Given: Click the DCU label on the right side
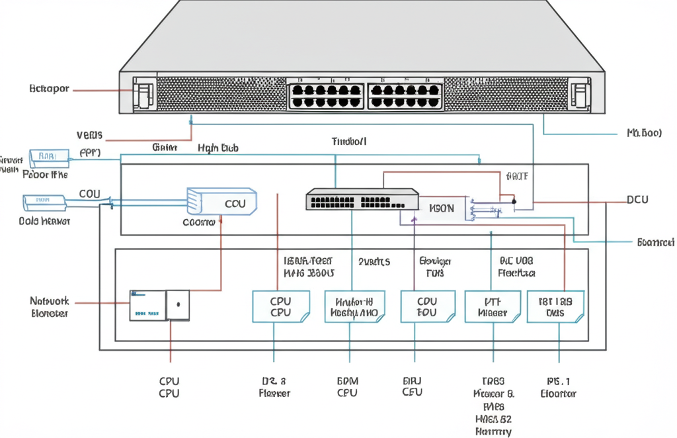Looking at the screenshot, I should pyautogui.click(x=637, y=199).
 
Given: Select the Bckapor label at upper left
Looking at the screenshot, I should pyautogui.click(x=50, y=89).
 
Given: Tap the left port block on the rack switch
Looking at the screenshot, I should pyautogui.click(x=325, y=95).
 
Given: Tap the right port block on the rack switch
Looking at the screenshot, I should pyautogui.click(x=405, y=95).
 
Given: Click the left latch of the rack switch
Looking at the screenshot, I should pyautogui.click(x=143, y=94).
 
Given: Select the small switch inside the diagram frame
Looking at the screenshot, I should pyautogui.click(x=362, y=199).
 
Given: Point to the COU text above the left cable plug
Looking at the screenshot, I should pyautogui.click(x=90, y=193).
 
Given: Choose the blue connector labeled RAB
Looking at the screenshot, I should pyautogui.click(x=49, y=155).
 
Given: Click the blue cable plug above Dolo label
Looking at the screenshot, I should pyautogui.click(x=44, y=200).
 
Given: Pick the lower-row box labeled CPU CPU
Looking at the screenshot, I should pyautogui.click(x=280, y=307).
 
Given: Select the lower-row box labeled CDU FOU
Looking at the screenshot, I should pyautogui.click(x=428, y=307).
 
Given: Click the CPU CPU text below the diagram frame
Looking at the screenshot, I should pyautogui.click(x=169, y=387).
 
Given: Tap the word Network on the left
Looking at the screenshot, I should pyautogui.click(x=50, y=300).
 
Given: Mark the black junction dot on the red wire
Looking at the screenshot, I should pyautogui.click(x=514, y=200).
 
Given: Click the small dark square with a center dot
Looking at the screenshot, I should pyautogui.click(x=177, y=306).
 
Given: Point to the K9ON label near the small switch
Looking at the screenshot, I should pyautogui.click(x=442, y=208).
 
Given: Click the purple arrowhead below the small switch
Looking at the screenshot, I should pyautogui.click(x=414, y=218).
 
